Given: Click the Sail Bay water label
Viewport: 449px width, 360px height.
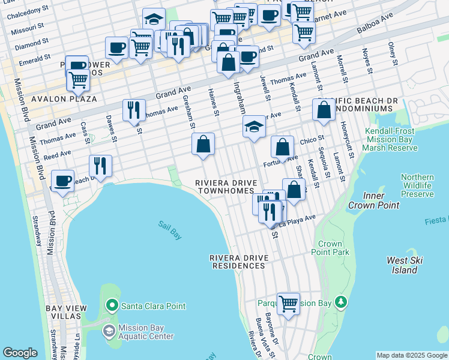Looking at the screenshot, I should point(170,230).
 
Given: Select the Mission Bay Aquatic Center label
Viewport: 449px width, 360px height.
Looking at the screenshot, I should point(146,332).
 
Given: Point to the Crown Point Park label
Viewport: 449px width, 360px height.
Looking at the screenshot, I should point(330,248).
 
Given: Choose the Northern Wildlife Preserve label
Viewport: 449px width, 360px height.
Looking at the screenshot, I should point(417,185).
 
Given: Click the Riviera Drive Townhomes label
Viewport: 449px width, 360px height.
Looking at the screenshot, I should point(226,187).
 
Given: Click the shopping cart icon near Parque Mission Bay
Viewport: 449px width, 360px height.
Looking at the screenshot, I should point(288,303).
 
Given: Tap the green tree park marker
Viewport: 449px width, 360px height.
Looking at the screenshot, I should point(341,302).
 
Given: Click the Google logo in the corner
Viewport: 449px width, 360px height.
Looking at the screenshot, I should point(20,353).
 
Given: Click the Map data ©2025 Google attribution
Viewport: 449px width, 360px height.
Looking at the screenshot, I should point(412,355).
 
